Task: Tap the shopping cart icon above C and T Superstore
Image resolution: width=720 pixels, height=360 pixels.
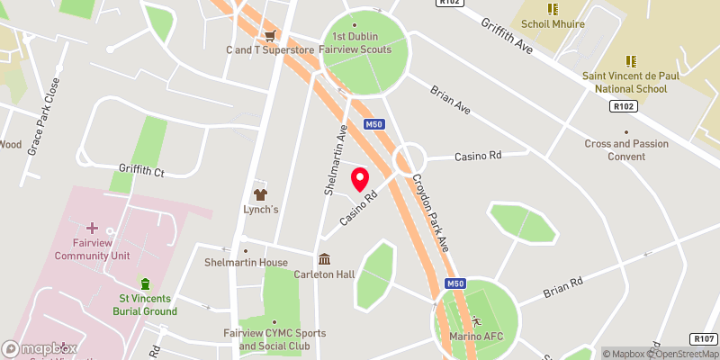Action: (x=269, y=35)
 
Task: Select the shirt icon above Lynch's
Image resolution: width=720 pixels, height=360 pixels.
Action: (x=261, y=193)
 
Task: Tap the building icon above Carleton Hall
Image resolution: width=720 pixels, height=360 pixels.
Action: (x=324, y=259)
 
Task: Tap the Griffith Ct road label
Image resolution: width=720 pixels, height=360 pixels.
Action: (x=142, y=169)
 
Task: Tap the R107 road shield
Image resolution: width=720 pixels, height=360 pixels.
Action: (x=704, y=338)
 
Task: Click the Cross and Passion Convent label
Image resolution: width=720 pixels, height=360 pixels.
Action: (x=626, y=149)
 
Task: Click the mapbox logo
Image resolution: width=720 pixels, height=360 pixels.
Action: (x=38, y=348)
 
